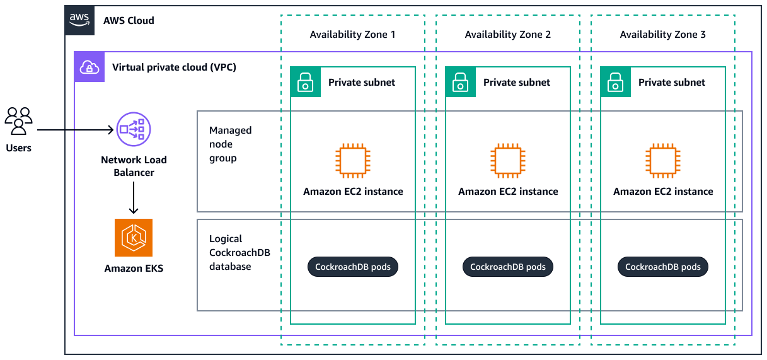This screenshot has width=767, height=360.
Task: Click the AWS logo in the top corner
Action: pyautogui.click(x=80, y=20)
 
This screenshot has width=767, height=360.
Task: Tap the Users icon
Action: pyautogui.click(x=18, y=120)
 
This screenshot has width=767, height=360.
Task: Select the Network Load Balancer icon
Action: pyautogui.click(x=134, y=130)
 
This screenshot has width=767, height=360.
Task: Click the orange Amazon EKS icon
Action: pyautogui.click(x=134, y=238)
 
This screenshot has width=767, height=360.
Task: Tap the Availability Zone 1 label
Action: pyautogui.click(x=352, y=35)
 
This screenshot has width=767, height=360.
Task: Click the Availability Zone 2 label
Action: pyautogui.click(x=507, y=35)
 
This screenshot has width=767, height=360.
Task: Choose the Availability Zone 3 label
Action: pyautogui.click(x=662, y=35)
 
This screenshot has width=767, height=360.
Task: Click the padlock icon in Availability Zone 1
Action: pyautogui.click(x=306, y=82)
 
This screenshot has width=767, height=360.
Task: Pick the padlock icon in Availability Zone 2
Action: pyautogui.click(x=461, y=82)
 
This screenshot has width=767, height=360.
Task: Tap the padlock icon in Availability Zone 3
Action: pyautogui.click(x=616, y=82)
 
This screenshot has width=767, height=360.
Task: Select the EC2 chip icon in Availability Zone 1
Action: pyautogui.click(x=352, y=160)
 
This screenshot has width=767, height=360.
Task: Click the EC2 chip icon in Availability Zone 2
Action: pyautogui.click(x=507, y=160)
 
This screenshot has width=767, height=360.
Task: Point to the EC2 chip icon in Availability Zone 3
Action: pyautogui.click(x=662, y=160)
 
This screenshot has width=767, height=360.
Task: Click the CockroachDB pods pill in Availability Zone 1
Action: pyautogui.click(x=353, y=267)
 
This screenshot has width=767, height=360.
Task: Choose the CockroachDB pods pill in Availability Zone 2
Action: pyautogui.click(x=508, y=267)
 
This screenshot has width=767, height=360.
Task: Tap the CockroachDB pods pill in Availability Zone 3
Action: pyautogui.click(x=663, y=267)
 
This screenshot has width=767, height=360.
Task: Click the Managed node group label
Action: pyautogui.click(x=230, y=144)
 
